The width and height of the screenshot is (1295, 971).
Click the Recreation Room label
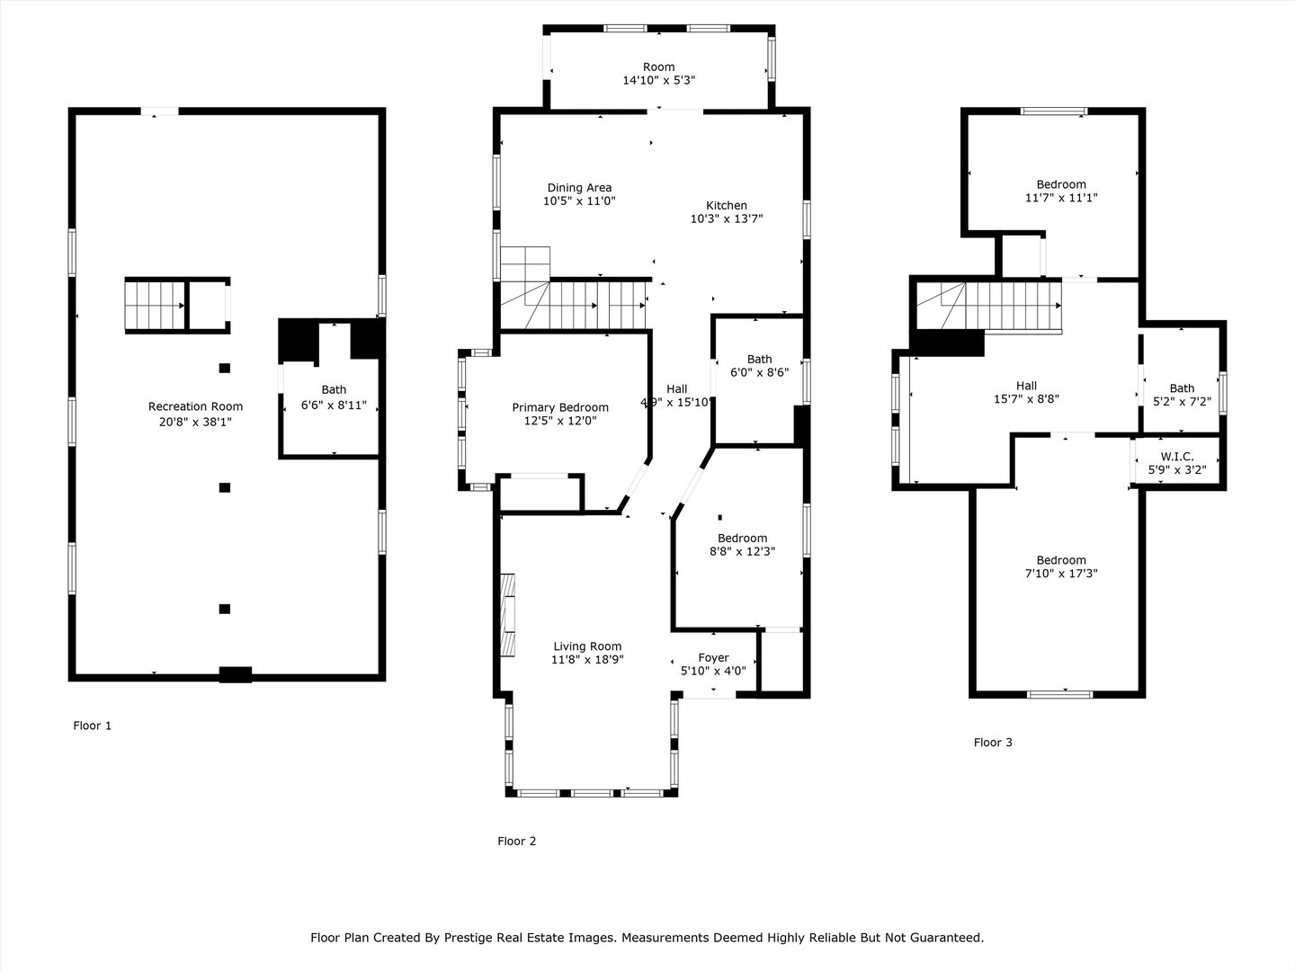(195, 406)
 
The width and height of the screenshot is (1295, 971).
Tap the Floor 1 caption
(92, 726)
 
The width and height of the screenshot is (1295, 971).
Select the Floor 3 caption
(993, 743)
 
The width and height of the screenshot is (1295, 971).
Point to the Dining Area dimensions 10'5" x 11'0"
(579, 201)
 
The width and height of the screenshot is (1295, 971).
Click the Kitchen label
(727, 205)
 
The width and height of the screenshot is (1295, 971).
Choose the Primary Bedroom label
(560, 407)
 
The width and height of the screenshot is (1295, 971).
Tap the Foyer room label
(713, 657)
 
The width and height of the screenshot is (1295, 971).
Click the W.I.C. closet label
(1177, 457)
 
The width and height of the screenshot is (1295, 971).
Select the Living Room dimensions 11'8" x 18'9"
(587, 660)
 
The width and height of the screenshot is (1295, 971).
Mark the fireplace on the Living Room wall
(507, 615)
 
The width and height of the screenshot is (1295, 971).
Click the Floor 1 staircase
(156, 306)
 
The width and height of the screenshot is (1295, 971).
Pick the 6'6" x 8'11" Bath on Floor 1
(334, 397)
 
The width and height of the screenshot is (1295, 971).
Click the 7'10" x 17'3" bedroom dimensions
(1061, 573)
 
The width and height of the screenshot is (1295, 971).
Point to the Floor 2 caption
(517, 842)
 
